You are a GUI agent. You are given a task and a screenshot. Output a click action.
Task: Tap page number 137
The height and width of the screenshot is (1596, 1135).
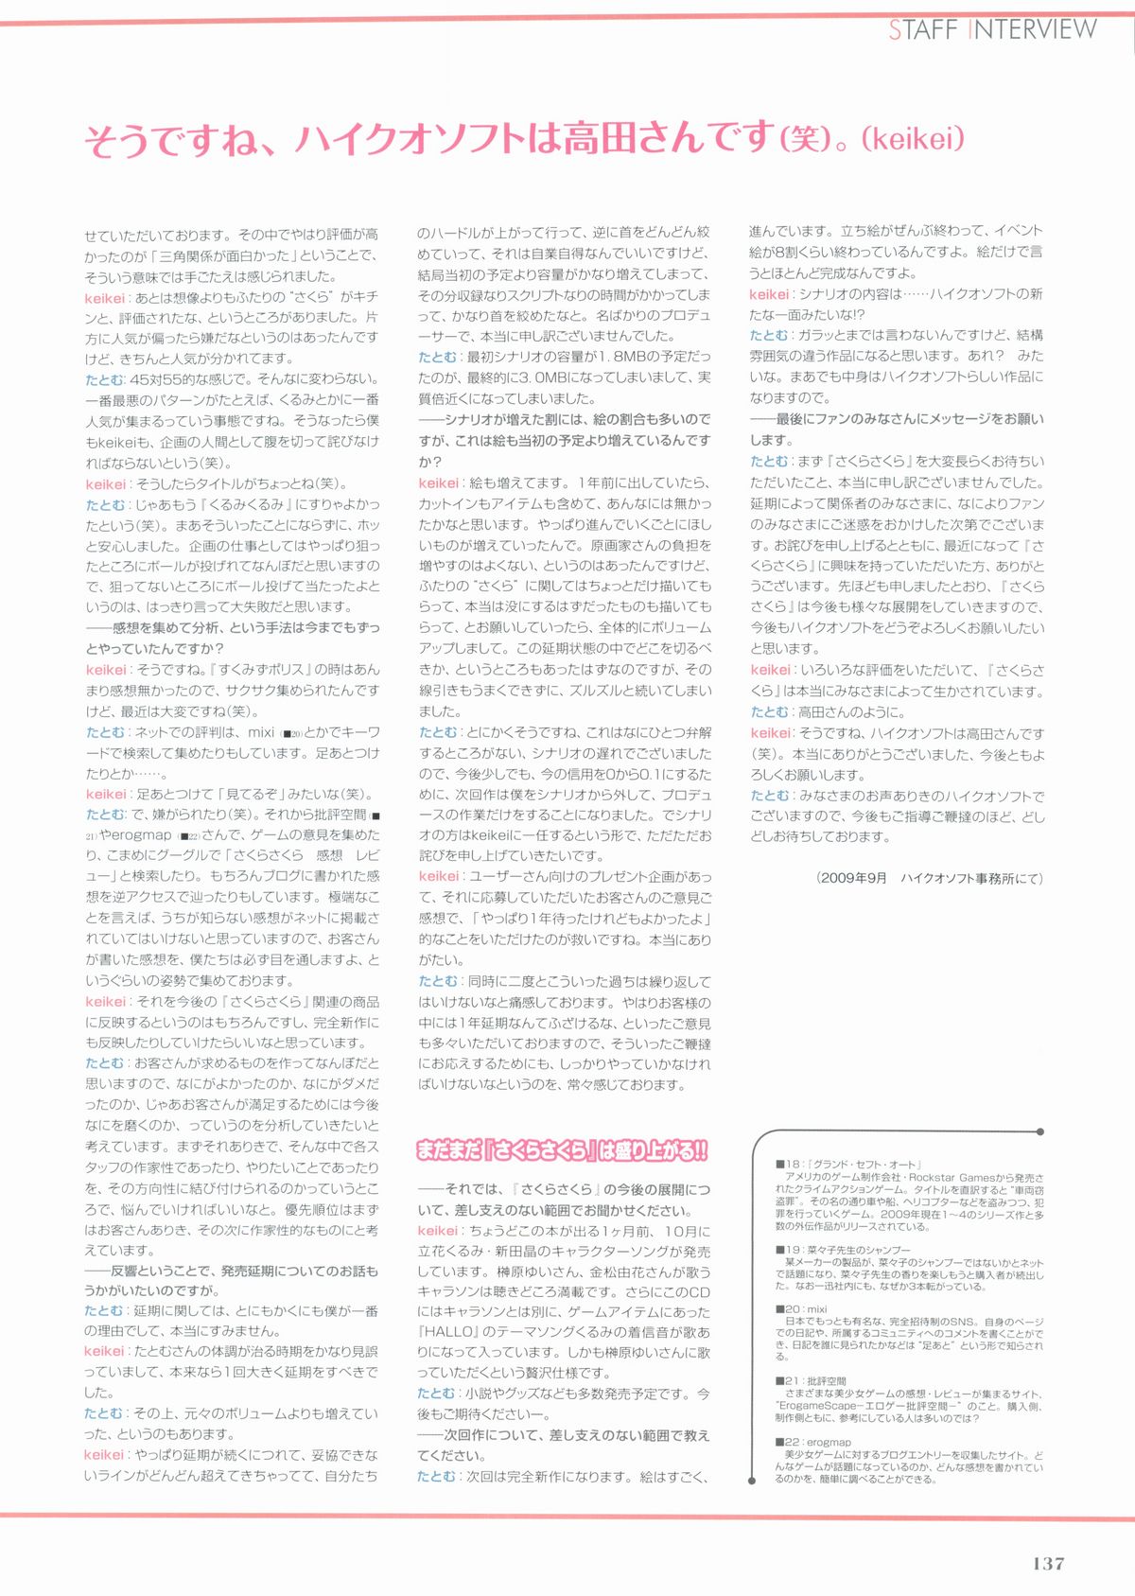[1048, 1563]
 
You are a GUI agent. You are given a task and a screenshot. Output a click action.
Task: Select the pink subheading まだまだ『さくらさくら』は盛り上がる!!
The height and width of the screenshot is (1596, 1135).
[562, 1150]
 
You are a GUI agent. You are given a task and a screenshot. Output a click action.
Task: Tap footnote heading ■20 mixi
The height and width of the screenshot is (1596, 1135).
[801, 1309]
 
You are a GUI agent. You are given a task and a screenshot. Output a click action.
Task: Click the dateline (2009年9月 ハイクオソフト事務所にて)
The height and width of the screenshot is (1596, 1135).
[929, 878]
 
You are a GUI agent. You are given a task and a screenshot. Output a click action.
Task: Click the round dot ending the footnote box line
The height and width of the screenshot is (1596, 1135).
[1040, 1131]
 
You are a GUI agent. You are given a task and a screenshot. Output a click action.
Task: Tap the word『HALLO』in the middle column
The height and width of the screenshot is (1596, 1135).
[448, 1332]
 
